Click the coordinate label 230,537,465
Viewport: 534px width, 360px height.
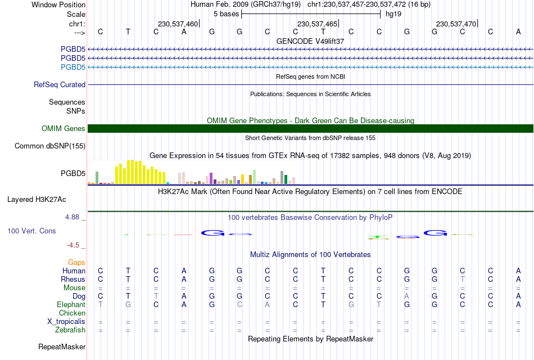[x=317, y=24]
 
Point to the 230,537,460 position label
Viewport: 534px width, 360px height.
[x=178, y=24]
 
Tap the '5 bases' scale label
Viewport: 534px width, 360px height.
[x=226, y=14]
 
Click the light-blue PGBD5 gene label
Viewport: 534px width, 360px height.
[x=73, y=67]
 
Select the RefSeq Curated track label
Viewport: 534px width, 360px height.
[x=60, y=84]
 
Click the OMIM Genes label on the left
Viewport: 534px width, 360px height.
[x=64, y=128]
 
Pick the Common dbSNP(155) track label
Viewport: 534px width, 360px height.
[x=50, y=146]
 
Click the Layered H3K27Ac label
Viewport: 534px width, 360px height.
[x=37, y=200]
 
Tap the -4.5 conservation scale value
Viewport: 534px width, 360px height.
[x=73, y=245]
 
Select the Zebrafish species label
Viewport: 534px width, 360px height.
[x=70, y=330]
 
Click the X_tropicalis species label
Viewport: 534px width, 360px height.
[x=66, y=322]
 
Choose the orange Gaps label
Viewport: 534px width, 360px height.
[x=76, y=263]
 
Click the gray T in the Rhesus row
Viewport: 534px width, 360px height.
[x=462, y=279]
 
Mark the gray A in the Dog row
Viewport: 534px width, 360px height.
[x=406, y=296]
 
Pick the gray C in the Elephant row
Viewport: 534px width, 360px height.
[x=240, y=304]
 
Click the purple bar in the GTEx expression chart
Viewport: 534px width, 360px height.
[x=211, y=178]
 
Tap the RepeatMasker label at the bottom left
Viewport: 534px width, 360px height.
[x=62, y=346]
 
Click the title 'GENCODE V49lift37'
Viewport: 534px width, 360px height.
[x=310, y=41]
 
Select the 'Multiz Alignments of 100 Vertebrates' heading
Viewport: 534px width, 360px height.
[x=310, y=255]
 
